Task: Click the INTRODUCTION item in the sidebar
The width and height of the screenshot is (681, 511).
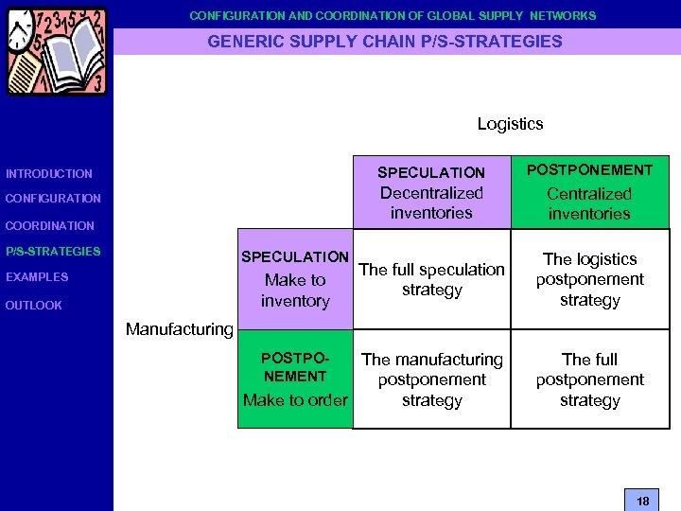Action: click(x=49, y=174)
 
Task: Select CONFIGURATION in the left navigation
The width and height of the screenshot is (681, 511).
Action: click(x=53, y=199)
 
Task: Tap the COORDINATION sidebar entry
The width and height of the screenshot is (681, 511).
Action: click(x=50, y=226)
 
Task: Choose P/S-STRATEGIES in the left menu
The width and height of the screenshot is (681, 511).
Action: click(x=53, y=252)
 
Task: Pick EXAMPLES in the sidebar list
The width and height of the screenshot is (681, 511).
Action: click(x=37, y=277)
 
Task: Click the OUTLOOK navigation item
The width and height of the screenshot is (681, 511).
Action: click(x=34, y=306)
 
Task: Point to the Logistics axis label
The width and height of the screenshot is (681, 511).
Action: click(x=510, y=124)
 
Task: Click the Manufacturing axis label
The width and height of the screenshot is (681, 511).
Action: click(x=179, y=329)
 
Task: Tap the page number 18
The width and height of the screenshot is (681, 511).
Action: click(x=642, y=501)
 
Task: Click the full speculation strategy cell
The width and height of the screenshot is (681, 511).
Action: click(x=431, y=279)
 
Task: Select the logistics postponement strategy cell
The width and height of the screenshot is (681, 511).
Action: click(x=589, y=279)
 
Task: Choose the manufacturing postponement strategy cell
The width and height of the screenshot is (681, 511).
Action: click(x=431, y=379)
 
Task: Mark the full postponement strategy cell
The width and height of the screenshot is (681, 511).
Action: click(x=589, y=379)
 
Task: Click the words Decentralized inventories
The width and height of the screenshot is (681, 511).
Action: click(x=431, y=203)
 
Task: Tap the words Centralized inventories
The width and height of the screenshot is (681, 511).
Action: click(x=589, y=203)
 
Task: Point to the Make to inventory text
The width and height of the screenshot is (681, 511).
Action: click(x=295, y=291)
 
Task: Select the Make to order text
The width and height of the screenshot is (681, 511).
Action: click(x=295, y=400)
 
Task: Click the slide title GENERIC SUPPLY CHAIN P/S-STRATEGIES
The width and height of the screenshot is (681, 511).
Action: click(x=385, y=42)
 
